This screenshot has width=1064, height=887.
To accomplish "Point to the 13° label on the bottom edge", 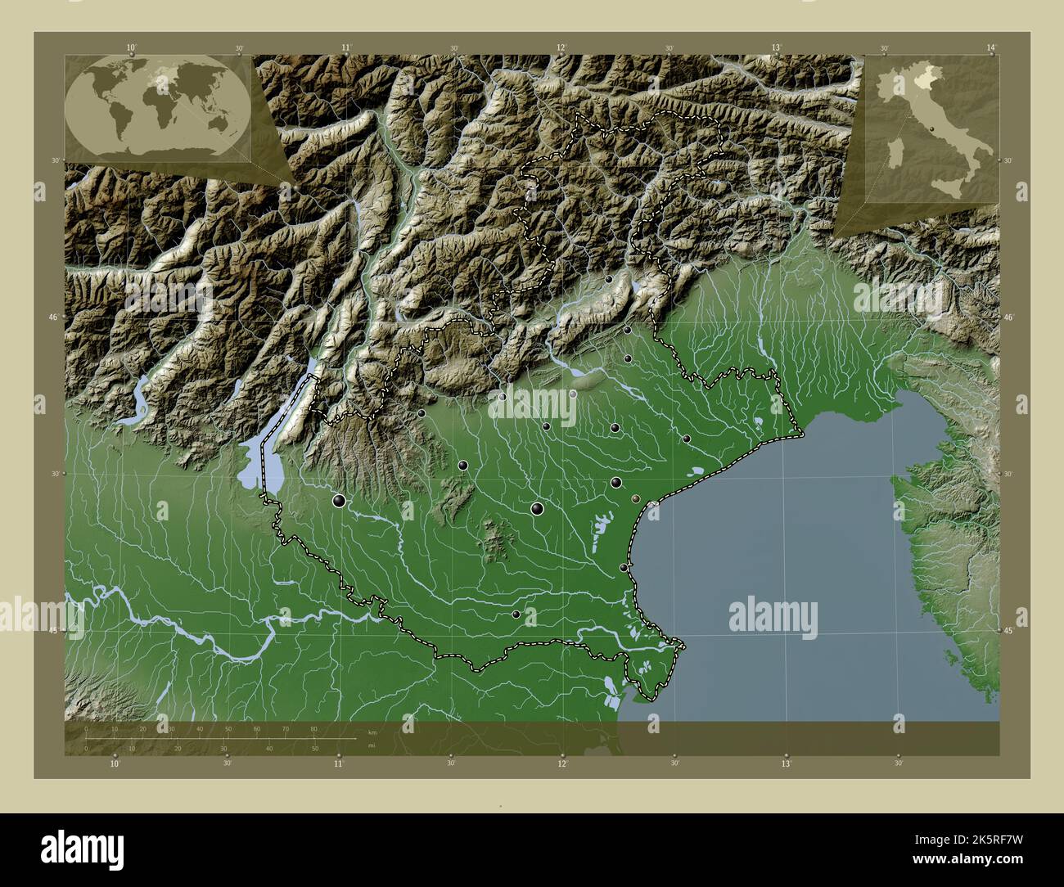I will pos(786,764).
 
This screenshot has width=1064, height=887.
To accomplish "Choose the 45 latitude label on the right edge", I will pos(1010,631).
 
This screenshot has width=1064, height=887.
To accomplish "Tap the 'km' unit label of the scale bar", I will pos(372,732).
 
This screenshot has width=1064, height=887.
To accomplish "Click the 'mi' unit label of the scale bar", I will pos(372,745).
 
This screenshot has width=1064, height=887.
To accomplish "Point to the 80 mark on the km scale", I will pos(313,728).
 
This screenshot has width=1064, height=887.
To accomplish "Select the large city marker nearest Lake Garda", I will pos(338,500).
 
